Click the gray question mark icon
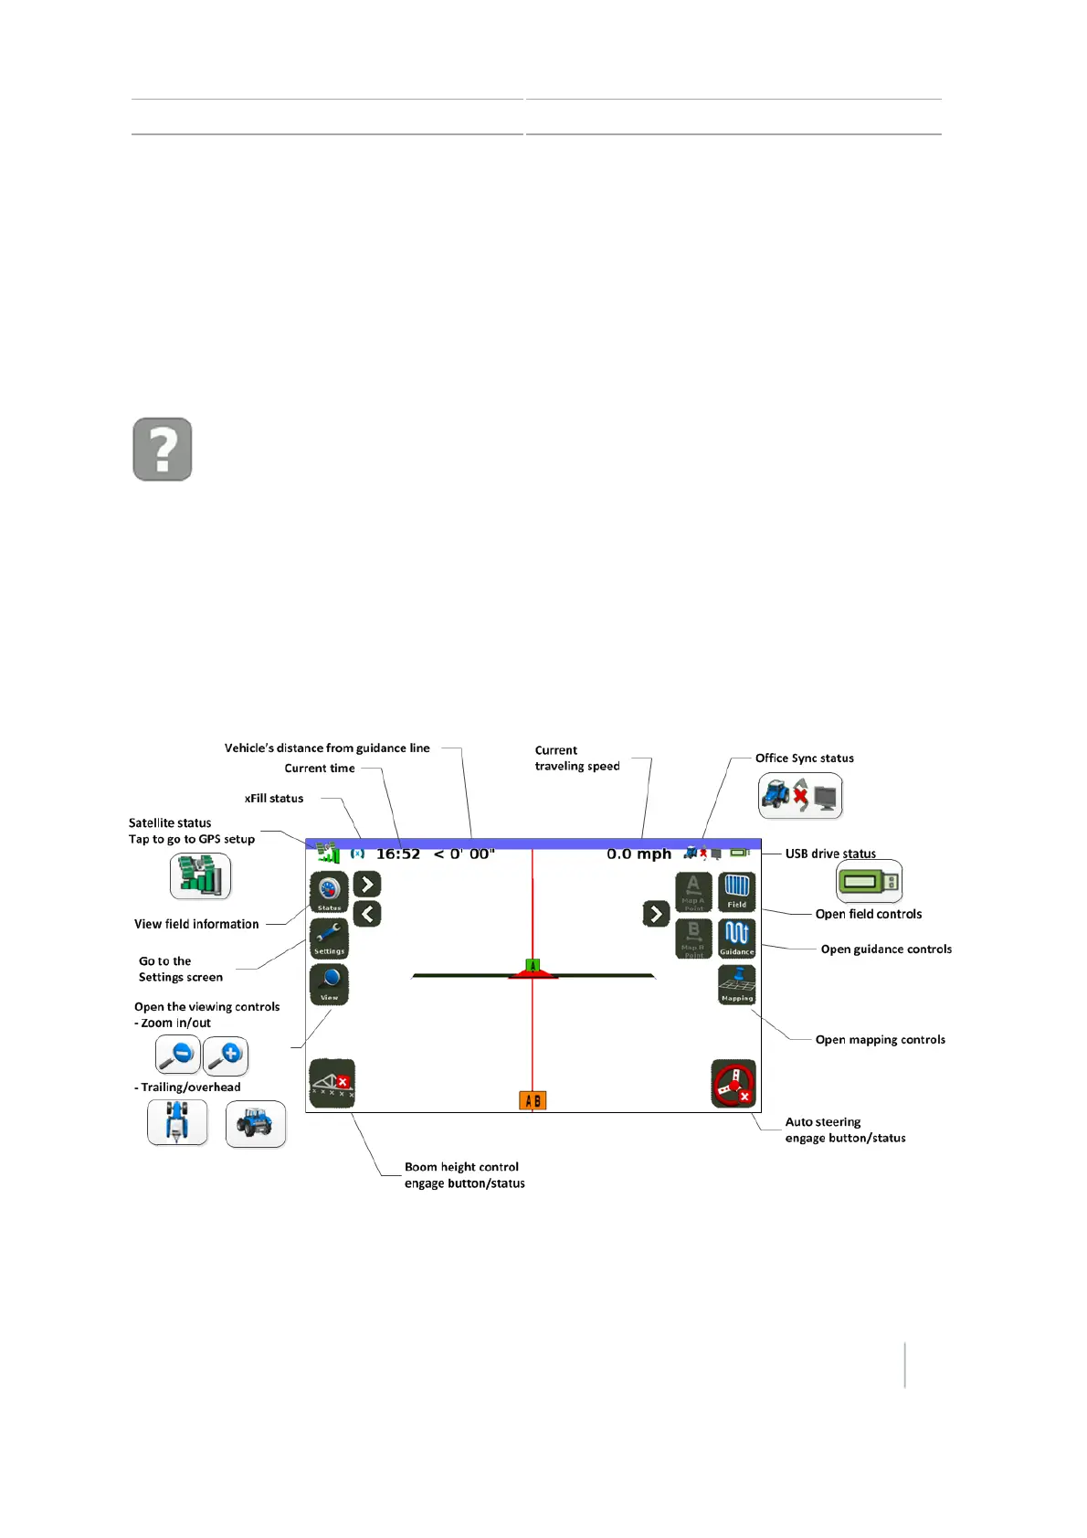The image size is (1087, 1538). coord(163,450)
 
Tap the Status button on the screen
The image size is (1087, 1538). coord(329,892)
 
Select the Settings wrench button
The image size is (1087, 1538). coord(329,938)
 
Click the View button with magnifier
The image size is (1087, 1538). coord(329,984)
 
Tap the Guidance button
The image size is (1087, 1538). coord(736,939)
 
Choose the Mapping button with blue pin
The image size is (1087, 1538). coord(736,985)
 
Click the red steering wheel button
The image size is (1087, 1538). coord(733,1084)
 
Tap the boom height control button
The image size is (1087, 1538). coord(332,1084)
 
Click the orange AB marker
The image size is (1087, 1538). coord(533,1100)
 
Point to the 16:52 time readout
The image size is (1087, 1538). coord(398,854)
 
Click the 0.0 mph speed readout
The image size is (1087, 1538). coord(638,854)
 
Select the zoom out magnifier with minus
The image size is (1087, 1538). coord(177,1055)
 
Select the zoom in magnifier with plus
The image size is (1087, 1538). coord(226,1055)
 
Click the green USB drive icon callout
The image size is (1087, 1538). coord(869,882)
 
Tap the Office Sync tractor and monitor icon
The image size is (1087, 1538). coord(800,796)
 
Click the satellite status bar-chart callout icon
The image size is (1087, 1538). coord(200,876)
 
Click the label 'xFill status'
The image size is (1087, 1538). coord(274,799)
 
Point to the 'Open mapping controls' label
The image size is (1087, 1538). coord(880,1040)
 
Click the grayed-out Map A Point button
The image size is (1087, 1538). coord(693,892)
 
